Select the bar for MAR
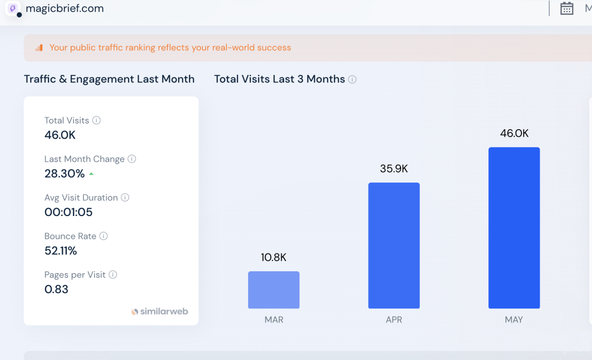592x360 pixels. click(x=274, y=290)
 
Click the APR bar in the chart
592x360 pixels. click(x=394, y=246)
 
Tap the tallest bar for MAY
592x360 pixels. click(x=514, y=228)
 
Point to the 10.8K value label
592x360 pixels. click(x=274, y=257)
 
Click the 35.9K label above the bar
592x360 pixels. click(x=394, y=169)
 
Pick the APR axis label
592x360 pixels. click(x=394, y=320)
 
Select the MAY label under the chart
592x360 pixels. click(x=514, y=320)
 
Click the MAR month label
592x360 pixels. click(x=274, y=320)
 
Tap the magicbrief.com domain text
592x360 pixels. click(x=65, y=8)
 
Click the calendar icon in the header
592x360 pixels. click(x=567, y=8)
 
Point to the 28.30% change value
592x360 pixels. click(x=65, y=174)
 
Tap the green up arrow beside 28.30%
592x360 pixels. click(x=91, y=174)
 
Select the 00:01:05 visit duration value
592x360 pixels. click(x=69, y=212)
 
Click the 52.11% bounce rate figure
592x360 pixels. click(x=61, y=251)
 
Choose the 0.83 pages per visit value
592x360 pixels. click(x=56, y=289)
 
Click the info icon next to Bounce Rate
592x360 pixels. click(x=104, y=236)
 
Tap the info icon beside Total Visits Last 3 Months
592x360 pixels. click(x=352, y=79)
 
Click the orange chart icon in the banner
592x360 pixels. click(x=39, y=48)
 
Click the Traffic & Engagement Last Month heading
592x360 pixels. click(x=109, y=79)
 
